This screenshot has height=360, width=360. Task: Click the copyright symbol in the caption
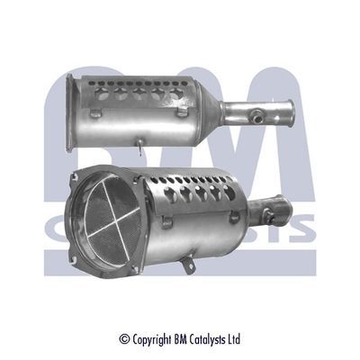124,339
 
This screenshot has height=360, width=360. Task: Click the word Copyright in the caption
151,339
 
